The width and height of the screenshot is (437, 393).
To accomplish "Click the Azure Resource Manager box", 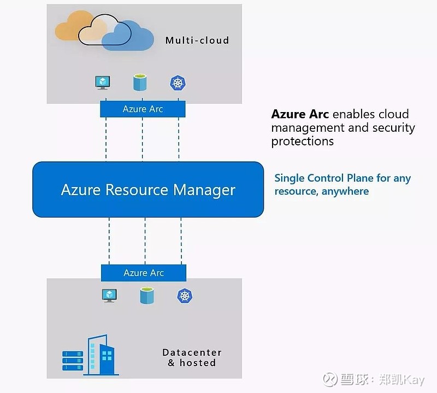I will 148,190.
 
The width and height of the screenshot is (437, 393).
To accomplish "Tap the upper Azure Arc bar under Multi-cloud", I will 143,109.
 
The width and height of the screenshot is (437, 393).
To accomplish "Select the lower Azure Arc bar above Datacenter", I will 144,273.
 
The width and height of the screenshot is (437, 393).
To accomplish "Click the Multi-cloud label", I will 197,40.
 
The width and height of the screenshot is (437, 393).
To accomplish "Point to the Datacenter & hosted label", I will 192,357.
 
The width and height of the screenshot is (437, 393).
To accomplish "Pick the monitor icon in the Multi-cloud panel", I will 102,83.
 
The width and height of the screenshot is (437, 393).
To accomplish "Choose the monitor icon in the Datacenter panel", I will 109,296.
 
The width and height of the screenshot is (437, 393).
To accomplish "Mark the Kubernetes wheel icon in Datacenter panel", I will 185,296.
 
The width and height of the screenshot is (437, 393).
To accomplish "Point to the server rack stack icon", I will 72,360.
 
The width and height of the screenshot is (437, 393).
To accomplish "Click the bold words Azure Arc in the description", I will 300,114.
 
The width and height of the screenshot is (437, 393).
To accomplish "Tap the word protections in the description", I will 303,141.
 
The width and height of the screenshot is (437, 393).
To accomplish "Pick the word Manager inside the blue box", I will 204,190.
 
